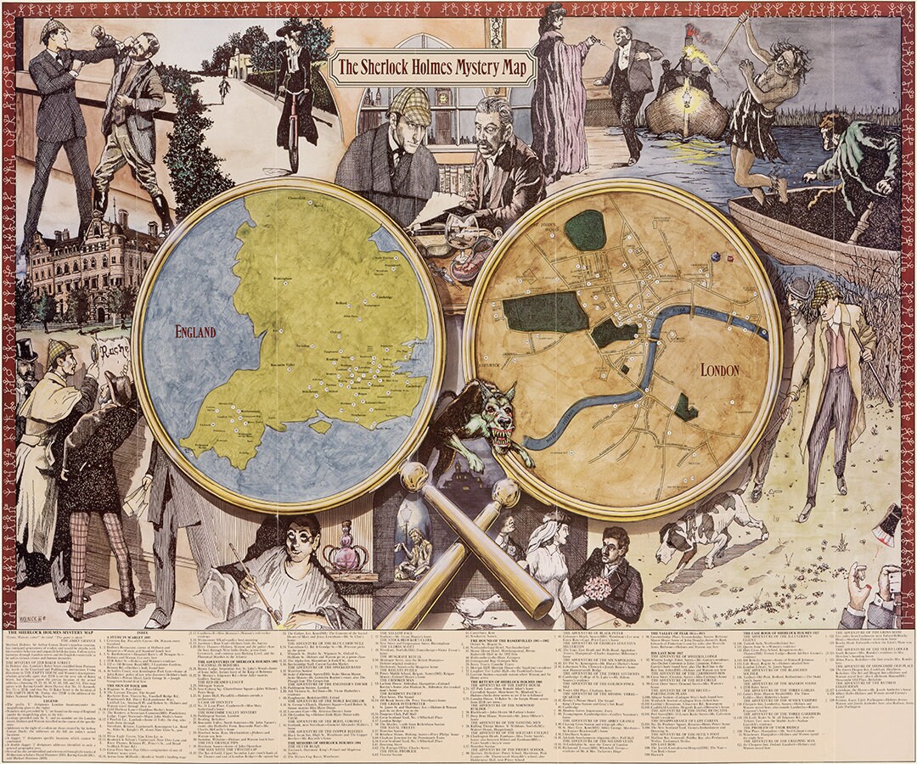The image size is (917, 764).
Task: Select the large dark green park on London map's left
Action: [x=544, y=313]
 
